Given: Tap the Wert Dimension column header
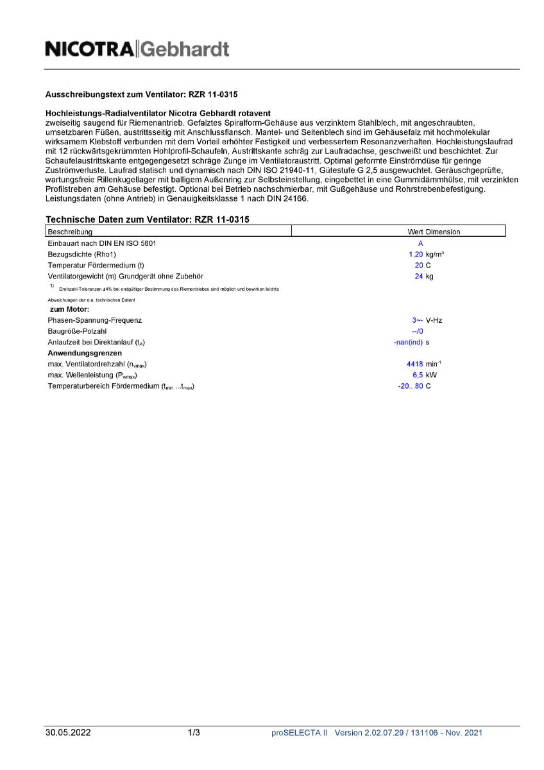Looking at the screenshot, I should (434, 232).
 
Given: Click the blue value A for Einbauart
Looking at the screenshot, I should (420, 244).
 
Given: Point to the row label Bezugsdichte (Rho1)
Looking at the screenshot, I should (81, 255).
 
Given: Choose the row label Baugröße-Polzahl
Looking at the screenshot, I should (77, 331).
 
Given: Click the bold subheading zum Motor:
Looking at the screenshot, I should (69, 309).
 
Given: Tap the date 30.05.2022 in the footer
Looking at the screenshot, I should (68, 733).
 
